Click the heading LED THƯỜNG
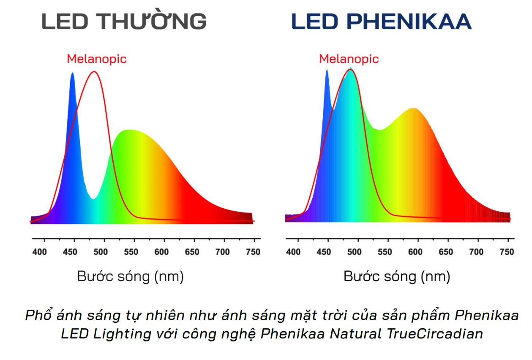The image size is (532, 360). [x=124, y=22]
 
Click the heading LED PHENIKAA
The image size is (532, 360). [x=381, y=22]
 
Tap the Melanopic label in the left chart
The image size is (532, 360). [x=97, y=59]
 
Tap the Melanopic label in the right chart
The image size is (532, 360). [x=349, y=59]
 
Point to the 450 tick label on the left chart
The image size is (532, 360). [x=70, y=252]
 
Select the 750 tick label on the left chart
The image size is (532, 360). [x=253, y=252]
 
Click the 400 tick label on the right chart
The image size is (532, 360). [x=293, y=252]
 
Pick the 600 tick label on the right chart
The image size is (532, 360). [x=415, y=252]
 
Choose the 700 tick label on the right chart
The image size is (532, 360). [x=476, y=252]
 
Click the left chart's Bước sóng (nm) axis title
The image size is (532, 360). [x=130, y=277]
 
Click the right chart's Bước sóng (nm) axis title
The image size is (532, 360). [x=397, y=277]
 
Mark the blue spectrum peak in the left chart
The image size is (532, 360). [x=72, y=74]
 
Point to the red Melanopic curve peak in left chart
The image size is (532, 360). [x=94, y=72]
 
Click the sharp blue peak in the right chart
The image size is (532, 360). [x=327, y=71]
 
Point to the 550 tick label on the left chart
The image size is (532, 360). [x=131, y=252]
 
